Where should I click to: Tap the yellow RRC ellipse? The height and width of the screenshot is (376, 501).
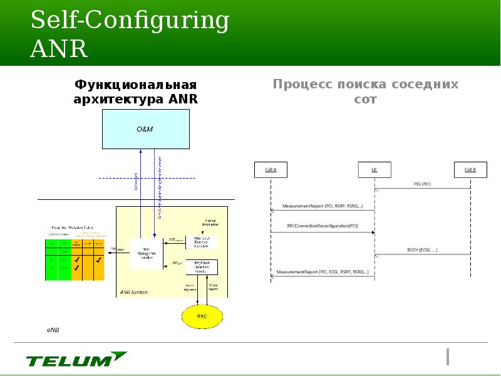pyautogui.click(x=202, y=316)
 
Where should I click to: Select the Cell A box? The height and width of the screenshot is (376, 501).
pyautogui.click(x=270, y=170)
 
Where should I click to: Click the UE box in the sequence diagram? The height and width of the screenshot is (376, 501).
pyautogui.click(x=374, y=170)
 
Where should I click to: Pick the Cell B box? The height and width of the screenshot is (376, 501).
pyautogui.click(x=470, y=170)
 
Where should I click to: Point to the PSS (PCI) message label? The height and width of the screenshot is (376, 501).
pyautogui.click(x=422, y=184)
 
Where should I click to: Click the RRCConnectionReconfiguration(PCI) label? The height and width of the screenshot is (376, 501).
pyautogui.click(x=323, y=226)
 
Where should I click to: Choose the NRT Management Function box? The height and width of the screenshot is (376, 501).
pyautogui.click(x=146, y=253)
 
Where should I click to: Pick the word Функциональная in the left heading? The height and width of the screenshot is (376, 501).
pyautogui.click(x=136, y=85)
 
